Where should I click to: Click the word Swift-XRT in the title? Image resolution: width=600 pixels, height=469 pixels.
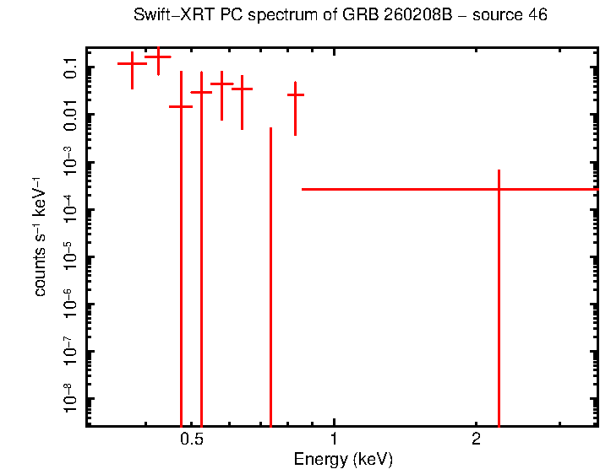[167, 16]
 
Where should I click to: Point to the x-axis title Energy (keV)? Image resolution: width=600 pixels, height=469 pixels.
[342, 460]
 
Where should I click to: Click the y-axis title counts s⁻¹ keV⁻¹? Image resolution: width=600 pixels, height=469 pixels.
[40, 236]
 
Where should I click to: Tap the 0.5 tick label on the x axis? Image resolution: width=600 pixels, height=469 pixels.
[192, 440]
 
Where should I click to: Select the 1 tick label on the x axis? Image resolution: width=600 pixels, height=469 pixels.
[334, 440]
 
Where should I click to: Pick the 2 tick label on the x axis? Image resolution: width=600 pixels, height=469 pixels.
[476, 440]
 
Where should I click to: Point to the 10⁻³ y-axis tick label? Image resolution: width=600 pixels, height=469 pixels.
[69, 162]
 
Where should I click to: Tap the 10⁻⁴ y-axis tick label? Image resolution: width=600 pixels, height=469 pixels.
[69, 209]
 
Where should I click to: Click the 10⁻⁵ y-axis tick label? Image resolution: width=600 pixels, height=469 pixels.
[69, 256]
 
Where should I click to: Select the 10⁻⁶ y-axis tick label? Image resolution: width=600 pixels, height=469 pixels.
[69, 304]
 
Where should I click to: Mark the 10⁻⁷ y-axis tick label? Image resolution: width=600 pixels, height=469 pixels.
[69, 351]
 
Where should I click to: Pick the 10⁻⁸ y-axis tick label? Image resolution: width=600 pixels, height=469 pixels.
[69, 398]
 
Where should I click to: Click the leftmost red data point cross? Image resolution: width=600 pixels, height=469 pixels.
[132, 63]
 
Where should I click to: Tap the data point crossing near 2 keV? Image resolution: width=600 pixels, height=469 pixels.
[499, 189]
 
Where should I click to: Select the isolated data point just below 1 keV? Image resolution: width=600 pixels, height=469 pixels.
[295, 94]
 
